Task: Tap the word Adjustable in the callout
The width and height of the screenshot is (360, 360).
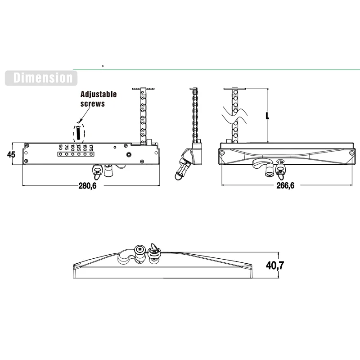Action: click(99, 94)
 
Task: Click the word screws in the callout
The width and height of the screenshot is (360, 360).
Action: click(93, 103)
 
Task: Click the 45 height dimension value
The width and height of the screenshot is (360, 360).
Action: click(11, 154)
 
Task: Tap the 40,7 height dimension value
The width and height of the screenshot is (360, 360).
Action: click(275, 265)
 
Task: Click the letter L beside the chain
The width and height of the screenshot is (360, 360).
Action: click(267, 115)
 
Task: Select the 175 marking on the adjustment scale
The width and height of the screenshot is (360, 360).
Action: click(90, 148)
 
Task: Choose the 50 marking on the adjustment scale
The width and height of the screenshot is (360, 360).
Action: click(60, 148)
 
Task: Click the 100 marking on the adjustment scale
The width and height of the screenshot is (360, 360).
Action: click(72, 148)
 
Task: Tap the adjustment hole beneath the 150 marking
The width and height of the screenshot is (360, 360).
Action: click(85, 154)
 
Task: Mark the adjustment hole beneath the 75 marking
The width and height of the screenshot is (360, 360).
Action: click(67, 154)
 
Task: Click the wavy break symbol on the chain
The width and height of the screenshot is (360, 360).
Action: click(234, 116)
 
